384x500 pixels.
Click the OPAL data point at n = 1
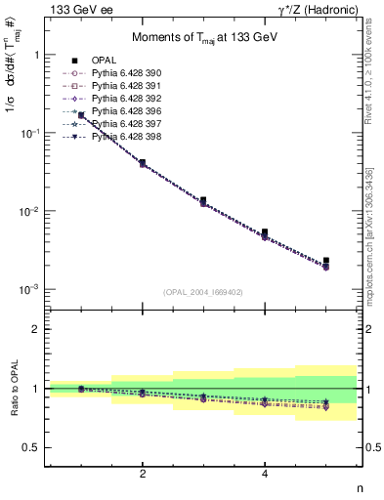(x=81, y=116)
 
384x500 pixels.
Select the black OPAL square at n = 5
(x=325, y=261)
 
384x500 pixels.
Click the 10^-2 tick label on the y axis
(x=30, y=212)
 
